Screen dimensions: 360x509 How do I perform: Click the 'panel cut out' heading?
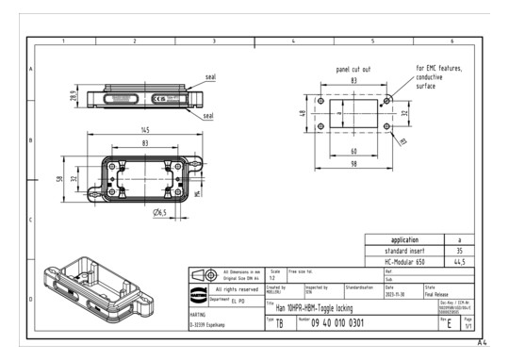tap(354, 70)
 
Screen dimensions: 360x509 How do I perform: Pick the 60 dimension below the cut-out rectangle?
tap(353, 151)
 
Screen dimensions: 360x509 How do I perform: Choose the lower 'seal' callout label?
tap(208, 116)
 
